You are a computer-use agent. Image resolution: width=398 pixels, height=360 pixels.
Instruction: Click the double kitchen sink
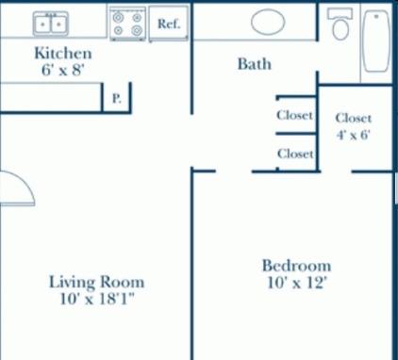51,24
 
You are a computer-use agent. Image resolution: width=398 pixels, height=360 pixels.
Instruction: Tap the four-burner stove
127,24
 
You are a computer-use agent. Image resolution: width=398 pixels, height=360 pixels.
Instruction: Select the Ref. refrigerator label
169,24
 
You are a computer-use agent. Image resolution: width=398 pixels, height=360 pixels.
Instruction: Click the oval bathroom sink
268,22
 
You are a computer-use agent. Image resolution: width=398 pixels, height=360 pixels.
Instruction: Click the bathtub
376,41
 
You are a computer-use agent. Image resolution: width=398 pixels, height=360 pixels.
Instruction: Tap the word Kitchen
63,53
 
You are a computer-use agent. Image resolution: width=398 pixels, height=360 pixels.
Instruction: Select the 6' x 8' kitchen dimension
63,70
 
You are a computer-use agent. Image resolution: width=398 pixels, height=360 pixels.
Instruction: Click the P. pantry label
117,99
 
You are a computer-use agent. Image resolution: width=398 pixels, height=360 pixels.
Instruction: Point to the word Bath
255,64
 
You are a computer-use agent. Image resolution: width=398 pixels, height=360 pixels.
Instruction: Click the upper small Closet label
294,115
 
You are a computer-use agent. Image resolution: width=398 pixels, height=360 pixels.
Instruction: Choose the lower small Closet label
295,154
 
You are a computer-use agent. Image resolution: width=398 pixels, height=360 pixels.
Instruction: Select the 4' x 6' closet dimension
354,135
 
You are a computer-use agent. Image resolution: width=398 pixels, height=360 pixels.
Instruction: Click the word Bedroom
296,266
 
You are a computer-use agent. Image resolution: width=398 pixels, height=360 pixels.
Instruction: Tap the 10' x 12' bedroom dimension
296,283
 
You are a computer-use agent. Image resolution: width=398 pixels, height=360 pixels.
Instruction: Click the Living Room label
96,282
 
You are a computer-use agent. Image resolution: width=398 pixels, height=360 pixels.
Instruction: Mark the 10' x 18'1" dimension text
97,299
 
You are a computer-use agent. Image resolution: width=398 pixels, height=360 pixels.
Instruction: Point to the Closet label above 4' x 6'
354,118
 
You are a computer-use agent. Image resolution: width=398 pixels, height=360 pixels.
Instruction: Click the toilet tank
340,13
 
